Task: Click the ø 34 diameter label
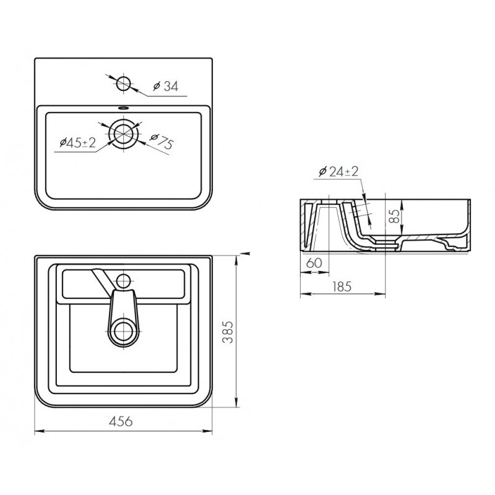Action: point(166,86)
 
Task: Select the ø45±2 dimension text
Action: point(78,143)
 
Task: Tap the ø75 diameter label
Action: point(161,142)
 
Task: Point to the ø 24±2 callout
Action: point(338,171)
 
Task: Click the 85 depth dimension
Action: point(394,216)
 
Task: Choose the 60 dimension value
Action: point(314,262)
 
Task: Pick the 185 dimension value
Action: point(342,286)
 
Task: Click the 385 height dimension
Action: point(228,332)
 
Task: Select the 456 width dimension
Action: point(121,421)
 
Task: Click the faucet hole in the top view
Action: point(123,84)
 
